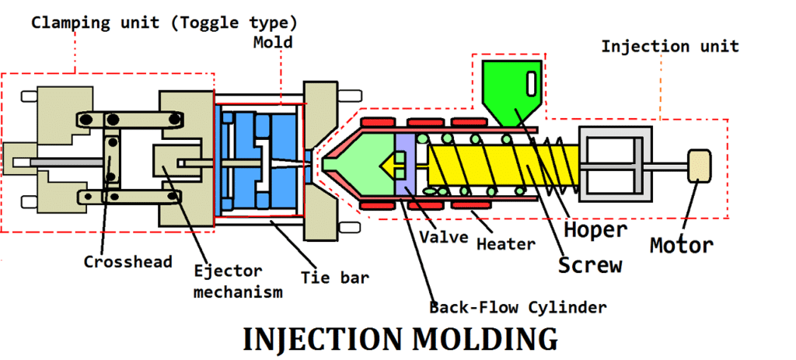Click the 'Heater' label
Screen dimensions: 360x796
pyautogui.click(x=506, y=244)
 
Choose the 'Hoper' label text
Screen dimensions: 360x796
pyautogui.click(x=595, y=230)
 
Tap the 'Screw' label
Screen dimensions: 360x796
pyautogui.click(x=590, y=265)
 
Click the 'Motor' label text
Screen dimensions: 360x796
pyautogui.click(x=681, y=246)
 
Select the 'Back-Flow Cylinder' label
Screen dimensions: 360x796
pyautogui.click(x=518, y=307)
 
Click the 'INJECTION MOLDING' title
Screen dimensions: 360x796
pyautogui.click(x=400, y=341)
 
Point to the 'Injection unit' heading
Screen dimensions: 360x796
pyautogui.click(x=669, y=47)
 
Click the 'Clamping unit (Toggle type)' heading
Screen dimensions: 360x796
pyautogui.click(x=163, y=22)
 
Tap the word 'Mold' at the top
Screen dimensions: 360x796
pyautogui.click(x=273, y=42)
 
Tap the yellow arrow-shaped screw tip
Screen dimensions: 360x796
pyautogui.click(x=391, y=164)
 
